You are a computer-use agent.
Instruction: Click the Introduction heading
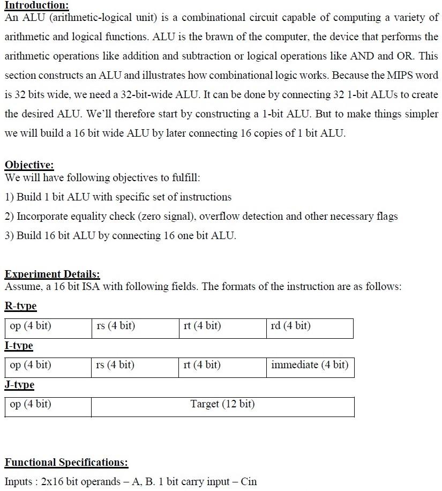pos(36,5)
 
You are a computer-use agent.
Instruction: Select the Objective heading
pos(29,165)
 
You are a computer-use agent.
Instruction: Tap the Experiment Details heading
pos(52,274)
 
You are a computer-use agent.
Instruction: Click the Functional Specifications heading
pos(66,462)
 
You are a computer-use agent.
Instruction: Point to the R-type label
pos(21,306)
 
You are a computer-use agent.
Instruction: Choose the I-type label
pos(19,346)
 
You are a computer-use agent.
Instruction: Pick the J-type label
pos(20,385)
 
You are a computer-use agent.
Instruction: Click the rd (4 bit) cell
pos(309,328)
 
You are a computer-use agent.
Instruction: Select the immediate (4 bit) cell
pos(309,367)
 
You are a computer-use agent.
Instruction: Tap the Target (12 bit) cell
pos(222,406)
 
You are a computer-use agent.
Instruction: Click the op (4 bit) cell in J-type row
pos(48,406)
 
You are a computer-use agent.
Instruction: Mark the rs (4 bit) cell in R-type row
pos(135,328)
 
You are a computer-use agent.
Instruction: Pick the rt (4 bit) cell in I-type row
pos(222,367)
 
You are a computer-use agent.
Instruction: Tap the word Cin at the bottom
pos(249,481)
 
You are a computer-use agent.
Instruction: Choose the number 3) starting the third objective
pos(10,236)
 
